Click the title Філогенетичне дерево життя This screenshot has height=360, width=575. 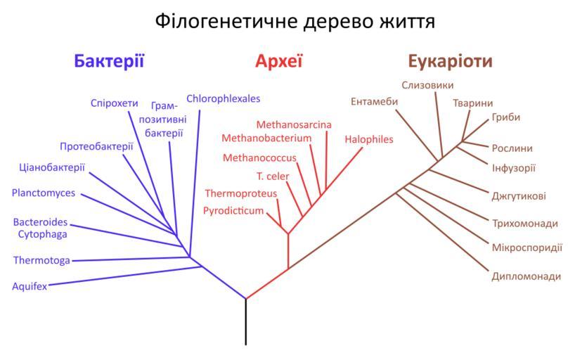point(295,21)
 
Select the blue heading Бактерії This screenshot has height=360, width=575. point(109,60)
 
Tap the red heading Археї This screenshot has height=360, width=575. point(278,60)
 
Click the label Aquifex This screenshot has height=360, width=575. point(30,286)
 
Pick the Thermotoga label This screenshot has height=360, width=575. point(41,260)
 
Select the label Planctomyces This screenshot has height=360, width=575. point(44,193)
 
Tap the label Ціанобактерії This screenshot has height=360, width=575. point(52,167)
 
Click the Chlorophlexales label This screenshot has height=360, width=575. point(223,98)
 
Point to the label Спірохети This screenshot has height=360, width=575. point(115,103)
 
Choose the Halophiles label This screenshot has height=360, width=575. point(369,139)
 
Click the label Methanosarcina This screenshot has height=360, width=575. point(294,124)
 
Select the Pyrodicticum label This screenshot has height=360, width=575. point(233,210)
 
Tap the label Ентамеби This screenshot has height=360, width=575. point(374,101)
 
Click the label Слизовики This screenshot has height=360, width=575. point(428,85)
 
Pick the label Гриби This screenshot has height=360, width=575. point(506,117)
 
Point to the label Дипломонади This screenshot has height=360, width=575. point(526,276)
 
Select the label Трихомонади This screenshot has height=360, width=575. point(525,224)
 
